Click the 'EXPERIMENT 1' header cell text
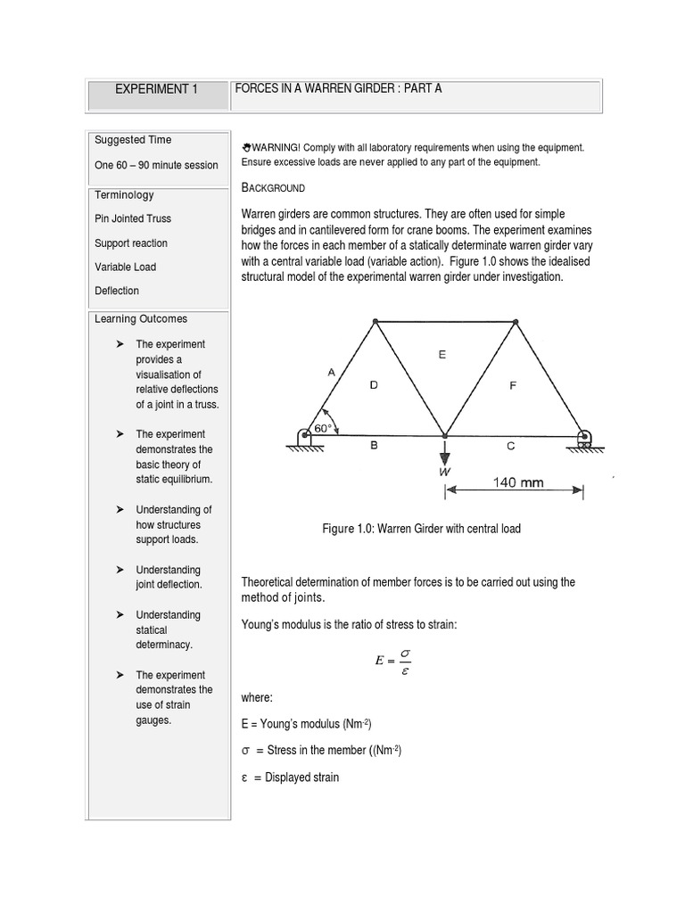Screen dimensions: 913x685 point(156,89)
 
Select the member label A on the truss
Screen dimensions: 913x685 point(331,374)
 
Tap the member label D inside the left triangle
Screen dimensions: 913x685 point(374,384)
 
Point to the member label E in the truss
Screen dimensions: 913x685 point(442,354)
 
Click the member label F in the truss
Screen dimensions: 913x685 point(512,386)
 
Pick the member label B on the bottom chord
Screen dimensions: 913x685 point(374,446)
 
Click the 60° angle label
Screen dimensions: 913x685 point(323,428)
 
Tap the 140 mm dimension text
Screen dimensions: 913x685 point(518,483)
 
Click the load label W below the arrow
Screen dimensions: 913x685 point(444,472)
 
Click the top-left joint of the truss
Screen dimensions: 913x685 point(376,321)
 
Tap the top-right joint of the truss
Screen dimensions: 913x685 point(515,321)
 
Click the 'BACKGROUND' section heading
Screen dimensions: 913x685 point(273,188)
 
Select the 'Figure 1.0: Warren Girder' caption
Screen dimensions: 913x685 point(421,529)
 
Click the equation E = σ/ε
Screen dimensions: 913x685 point(389,662)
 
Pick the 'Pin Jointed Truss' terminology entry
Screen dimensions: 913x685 point(133,218)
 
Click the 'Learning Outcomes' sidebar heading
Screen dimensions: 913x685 point(141,318)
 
